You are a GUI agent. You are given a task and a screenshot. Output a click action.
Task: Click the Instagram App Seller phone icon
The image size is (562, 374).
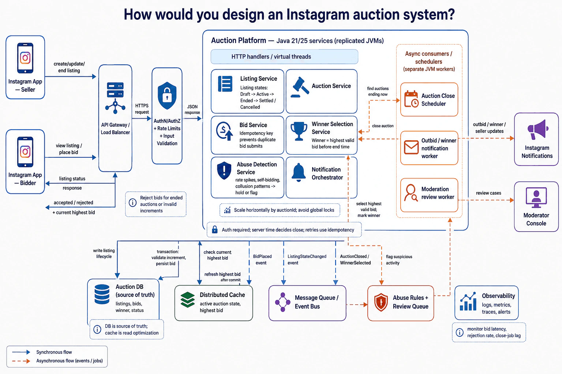coord(25,58)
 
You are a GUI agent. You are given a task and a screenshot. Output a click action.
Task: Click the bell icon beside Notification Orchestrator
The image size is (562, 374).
coord(299,172)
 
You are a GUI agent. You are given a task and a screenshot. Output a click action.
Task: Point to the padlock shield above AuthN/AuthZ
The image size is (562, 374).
coord(167,95)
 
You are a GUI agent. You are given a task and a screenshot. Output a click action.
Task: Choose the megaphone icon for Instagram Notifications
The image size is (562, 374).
coord(537,129)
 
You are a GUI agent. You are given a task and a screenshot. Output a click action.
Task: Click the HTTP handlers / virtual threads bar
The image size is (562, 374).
coord(284,57)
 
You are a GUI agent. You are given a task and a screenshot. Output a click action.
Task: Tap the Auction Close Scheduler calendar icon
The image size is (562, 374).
coord(411,99)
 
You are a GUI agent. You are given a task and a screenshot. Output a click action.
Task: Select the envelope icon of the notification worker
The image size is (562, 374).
coord(411,147)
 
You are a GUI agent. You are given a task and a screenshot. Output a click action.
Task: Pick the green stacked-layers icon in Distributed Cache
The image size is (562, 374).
coord(187,299)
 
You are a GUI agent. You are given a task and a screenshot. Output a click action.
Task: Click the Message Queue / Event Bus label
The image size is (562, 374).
coord(316,302)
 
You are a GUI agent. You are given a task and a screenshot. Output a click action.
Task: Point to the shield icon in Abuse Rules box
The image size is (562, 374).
coord(381,302)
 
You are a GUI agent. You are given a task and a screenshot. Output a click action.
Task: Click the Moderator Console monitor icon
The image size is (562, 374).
coord(536,197)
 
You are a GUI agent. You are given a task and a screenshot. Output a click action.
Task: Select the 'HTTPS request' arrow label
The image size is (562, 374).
coord(142,109)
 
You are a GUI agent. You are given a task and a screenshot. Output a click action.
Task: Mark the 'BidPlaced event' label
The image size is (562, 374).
coord(262,260)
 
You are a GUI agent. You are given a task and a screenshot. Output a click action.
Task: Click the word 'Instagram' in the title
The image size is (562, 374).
coord(318,15)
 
